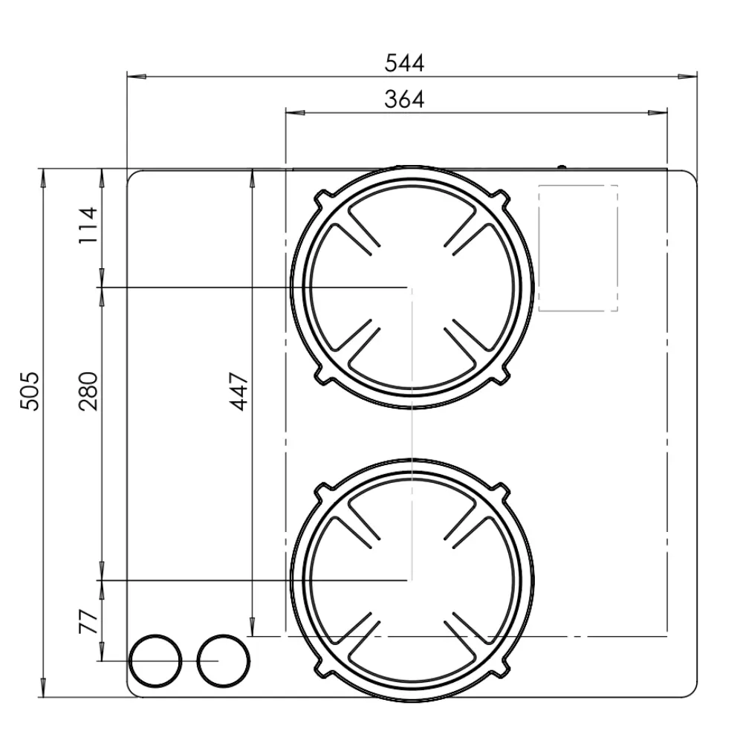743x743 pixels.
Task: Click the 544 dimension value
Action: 404,63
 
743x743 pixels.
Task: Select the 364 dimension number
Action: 404,100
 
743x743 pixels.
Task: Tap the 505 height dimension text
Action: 30,391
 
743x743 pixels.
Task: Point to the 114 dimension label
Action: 88,226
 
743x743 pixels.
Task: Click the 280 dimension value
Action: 88,391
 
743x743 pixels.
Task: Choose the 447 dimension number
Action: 239,391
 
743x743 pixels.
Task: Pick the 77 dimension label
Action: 88,621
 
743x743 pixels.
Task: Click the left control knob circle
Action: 155,661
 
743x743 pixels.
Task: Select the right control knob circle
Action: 223,661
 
